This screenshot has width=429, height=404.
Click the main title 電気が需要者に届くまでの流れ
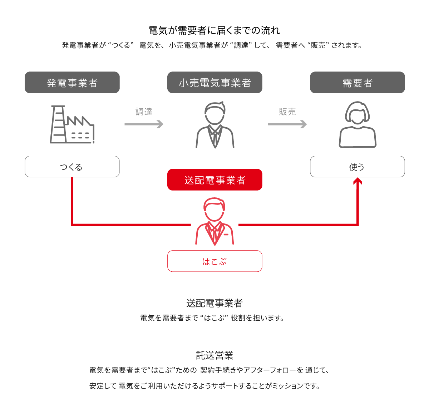pos(214,30)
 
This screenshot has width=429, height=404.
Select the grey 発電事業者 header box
pos(72,83)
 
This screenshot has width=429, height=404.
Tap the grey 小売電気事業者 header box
pos(214,83)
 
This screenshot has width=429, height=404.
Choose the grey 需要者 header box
pos(357,83)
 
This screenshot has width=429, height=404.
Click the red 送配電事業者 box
pos(214,180)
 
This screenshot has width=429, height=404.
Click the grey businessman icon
pos(214,125)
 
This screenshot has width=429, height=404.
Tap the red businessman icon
pos(214,221)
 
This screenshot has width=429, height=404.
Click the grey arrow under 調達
pos(144,124)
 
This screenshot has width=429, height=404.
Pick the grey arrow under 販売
pos(287,124)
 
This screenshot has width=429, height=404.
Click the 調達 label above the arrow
pos(144,112)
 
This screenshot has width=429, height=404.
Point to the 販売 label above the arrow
pos(287,112)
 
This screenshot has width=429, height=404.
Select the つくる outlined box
pos(72,167)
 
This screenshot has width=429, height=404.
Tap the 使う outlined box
pos(357,167)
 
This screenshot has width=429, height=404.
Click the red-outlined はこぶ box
pos(214,261)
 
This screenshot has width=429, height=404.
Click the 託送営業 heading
pos(214,355)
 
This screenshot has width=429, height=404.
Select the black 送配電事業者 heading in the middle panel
pos(214,304)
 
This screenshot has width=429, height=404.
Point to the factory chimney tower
pos(58,124)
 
